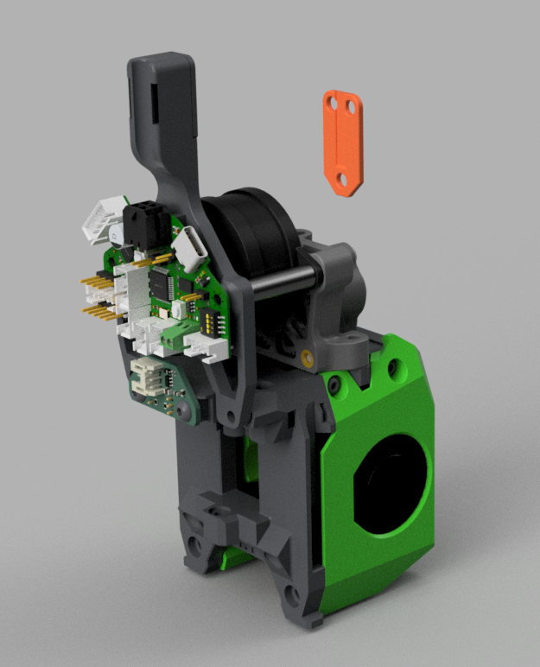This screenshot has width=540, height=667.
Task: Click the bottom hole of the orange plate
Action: tap(341, 179)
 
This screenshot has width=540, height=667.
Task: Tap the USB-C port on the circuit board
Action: tap(192, 248)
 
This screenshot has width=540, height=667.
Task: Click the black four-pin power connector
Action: tap(142, 224)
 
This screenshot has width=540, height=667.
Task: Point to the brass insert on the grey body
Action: tap(308, 354)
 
